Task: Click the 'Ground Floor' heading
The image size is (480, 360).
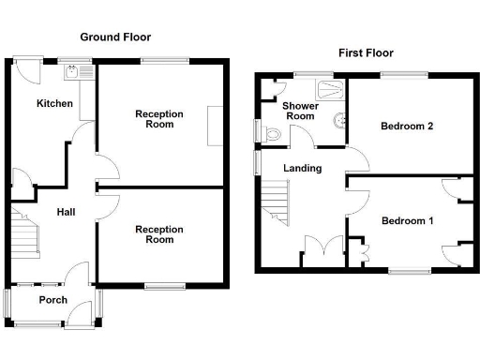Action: (x=115, y=37)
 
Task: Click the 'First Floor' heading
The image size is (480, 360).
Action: (x=367, y=52)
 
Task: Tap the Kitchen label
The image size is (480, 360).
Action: (x=54, y=103)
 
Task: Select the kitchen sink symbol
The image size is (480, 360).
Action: (x=73, y=69)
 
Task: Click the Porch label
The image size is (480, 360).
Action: (x=52, y=300)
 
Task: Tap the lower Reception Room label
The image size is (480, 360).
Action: (x=159, y=233)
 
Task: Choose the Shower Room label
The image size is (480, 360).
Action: (x=301, y=112)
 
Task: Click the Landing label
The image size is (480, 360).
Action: (x=304, y=169)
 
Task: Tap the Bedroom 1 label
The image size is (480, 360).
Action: (x=408, y=221)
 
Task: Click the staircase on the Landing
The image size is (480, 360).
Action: (x=276, y=201)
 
